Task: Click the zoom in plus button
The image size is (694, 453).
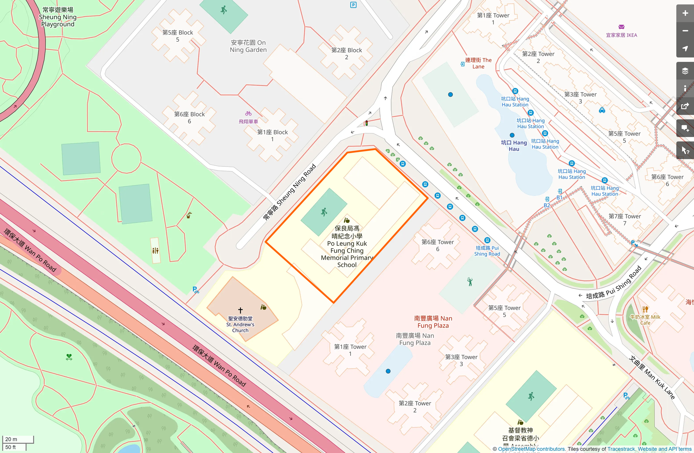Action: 685,13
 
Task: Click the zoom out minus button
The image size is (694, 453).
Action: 685,31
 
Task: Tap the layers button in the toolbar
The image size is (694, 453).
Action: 685,71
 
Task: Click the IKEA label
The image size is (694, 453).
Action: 621,35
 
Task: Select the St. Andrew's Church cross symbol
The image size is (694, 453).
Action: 240,310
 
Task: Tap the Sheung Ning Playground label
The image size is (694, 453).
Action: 58,17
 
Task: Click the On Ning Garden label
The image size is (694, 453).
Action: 248,46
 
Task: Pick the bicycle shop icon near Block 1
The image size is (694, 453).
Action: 248,114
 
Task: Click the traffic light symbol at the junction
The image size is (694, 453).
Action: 366,123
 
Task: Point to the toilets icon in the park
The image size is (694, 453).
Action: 155,251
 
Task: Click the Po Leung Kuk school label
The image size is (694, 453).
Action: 347,246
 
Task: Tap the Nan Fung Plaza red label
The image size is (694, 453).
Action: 433,322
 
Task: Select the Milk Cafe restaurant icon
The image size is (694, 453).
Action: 645,309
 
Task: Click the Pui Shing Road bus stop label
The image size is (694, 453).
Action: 487,251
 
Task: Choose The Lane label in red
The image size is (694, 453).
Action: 478,63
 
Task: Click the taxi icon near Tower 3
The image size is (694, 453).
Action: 602,110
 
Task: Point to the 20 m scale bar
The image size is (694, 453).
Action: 18,439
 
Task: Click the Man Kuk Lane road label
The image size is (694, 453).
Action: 652,377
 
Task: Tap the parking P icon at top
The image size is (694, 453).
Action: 353,5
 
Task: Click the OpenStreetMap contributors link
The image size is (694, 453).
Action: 531,449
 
